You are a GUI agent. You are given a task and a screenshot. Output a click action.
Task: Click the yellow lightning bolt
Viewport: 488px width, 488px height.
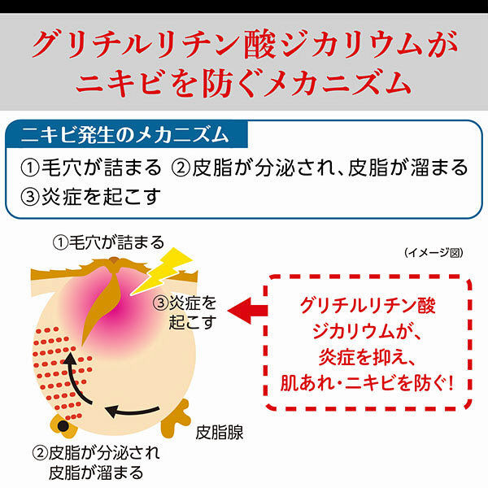pos(162,272)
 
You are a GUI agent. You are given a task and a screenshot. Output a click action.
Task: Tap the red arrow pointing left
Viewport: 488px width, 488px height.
pos(248,311)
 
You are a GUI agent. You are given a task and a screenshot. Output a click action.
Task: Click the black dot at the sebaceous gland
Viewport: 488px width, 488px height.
pos(63,426)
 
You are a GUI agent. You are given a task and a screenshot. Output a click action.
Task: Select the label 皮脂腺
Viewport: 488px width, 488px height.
pos(220,433)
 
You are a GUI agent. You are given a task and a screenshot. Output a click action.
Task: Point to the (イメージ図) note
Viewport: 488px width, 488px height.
pos(434,252)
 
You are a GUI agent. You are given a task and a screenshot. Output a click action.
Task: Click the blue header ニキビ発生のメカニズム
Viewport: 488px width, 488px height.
pos(125,135)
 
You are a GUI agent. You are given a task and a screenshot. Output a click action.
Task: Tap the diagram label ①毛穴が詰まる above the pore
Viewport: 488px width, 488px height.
pos(108,242)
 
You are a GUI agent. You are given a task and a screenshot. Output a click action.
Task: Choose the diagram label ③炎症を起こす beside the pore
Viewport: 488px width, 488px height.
pos(185,312)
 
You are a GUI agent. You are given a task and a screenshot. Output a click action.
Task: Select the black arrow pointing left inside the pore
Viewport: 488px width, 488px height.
pos(133,412)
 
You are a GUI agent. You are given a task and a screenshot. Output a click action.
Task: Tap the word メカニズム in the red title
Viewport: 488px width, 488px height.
pos(338,84)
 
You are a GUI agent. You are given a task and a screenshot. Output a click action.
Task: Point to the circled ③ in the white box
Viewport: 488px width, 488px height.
pos(30,197)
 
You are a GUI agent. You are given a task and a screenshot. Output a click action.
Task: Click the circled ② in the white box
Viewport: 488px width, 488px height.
pos(181,168)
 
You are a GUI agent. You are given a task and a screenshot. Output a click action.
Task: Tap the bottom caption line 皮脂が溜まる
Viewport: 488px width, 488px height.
pos(96,473)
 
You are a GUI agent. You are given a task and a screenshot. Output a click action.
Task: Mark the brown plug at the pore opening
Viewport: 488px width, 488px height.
pos(114,261)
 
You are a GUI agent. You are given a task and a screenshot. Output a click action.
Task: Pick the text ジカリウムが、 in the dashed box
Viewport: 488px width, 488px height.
pos(367,331)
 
